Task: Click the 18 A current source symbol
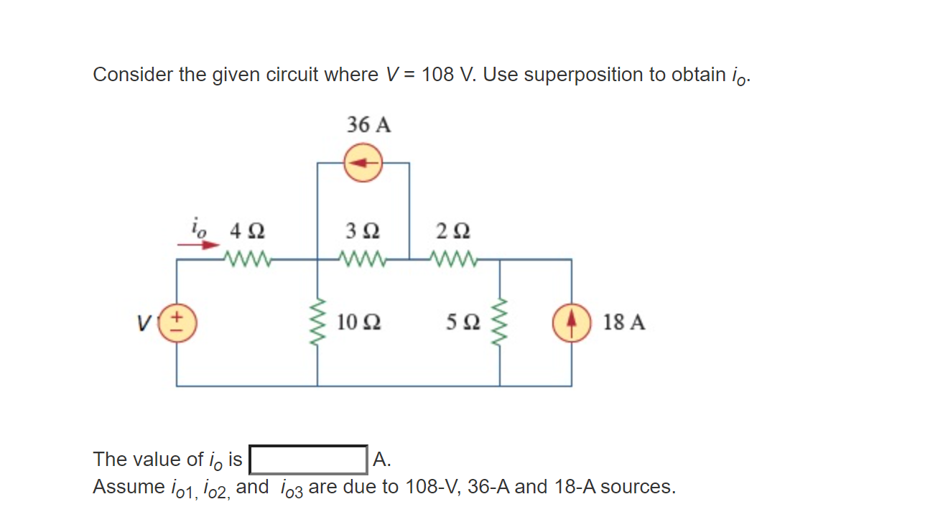[x=572, y=322]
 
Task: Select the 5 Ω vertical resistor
[x=501, y=322]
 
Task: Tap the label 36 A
[x=369, y=126]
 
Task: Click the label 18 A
[x=624, y=322]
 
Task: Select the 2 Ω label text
[x=453, y=232]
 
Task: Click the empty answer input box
[x=308, y=460]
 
